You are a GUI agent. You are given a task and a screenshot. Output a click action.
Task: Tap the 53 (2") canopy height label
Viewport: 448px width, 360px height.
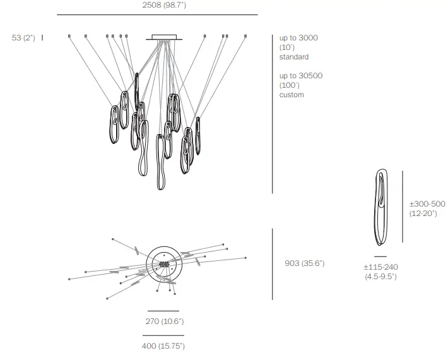23,38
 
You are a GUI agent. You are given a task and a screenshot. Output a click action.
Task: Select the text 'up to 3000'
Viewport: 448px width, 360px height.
298,38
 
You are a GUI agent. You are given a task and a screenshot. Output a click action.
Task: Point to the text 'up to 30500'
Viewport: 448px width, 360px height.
301,76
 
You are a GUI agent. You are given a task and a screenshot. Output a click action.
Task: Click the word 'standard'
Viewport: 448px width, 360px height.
294,57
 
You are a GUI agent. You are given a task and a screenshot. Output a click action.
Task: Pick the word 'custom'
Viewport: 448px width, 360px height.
292,95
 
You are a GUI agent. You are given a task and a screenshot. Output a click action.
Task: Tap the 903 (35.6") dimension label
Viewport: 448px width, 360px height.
305,263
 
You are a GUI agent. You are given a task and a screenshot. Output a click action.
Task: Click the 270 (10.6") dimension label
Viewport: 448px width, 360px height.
164,321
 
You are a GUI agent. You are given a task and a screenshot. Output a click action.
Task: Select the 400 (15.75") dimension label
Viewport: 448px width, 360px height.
163,345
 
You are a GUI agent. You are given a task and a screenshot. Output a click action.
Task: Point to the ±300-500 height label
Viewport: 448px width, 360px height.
427,205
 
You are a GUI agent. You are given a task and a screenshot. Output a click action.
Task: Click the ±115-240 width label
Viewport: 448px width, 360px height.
381,267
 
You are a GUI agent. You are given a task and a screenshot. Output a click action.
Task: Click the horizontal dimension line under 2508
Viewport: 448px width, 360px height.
157,15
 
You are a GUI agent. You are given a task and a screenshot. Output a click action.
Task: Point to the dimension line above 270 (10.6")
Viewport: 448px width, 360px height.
163,311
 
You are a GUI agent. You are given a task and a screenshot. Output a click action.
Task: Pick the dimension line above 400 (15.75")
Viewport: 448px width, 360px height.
163,335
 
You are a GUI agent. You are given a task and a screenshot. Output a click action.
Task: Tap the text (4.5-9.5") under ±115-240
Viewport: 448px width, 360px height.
380,277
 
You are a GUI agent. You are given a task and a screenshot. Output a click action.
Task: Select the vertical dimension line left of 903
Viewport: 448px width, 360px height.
273,264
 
